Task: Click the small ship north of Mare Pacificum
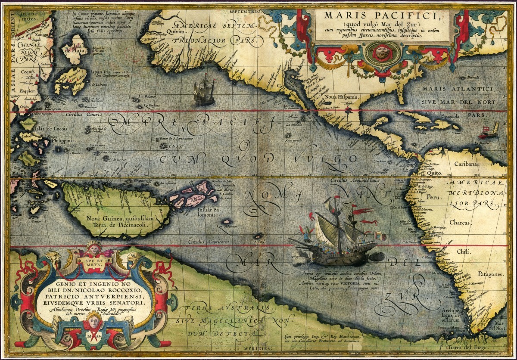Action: [204, 91]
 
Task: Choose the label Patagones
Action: [490, 274]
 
